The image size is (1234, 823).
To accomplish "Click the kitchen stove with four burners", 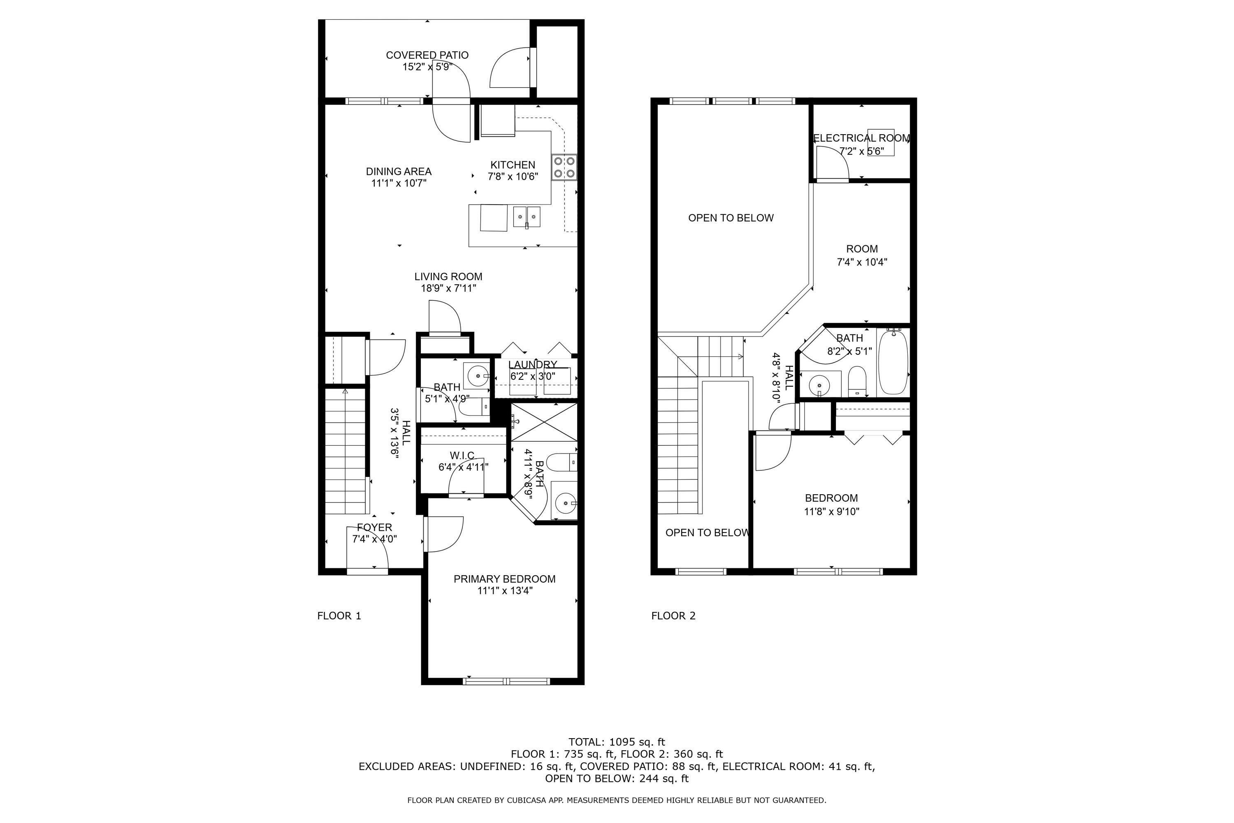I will click(x=564, y=167).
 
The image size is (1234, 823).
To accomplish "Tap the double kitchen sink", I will click(x=526, y=216).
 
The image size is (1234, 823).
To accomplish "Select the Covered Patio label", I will click(x=427, y=55).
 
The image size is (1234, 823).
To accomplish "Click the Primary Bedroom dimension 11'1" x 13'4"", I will click(x=505, y=591).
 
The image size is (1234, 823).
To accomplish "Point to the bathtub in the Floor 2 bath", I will click(x=893, y=363).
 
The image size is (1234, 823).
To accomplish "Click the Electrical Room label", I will click(x=861, y=138).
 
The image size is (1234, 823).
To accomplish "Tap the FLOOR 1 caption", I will click(x=339, y=616).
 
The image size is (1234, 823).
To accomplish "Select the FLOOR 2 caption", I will click(x=673, y=616).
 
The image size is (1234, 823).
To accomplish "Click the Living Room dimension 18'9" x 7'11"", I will click(x=448, y=288).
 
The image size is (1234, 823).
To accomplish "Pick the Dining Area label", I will click(x=398, y=171).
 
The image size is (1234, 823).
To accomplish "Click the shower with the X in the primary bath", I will click(x=544, y=422).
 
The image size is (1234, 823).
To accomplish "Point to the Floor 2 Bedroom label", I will click(x=831, y=498).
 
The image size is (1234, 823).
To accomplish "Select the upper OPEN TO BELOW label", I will click(x=731, y=218).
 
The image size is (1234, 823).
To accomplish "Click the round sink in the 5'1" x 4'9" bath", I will click(x=476, y=376).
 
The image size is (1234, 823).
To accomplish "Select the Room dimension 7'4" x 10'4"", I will click(x=861, y=262).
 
